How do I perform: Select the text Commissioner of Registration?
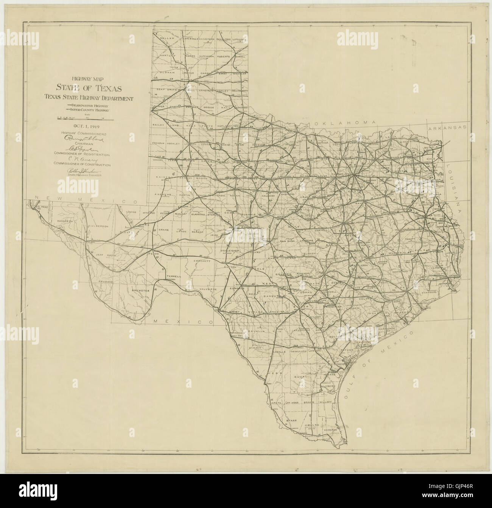(87, 155)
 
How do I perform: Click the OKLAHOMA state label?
(344, 124)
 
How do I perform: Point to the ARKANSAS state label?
(447, 129)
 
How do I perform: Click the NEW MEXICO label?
(85, 199)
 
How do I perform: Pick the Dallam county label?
(167, 38)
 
